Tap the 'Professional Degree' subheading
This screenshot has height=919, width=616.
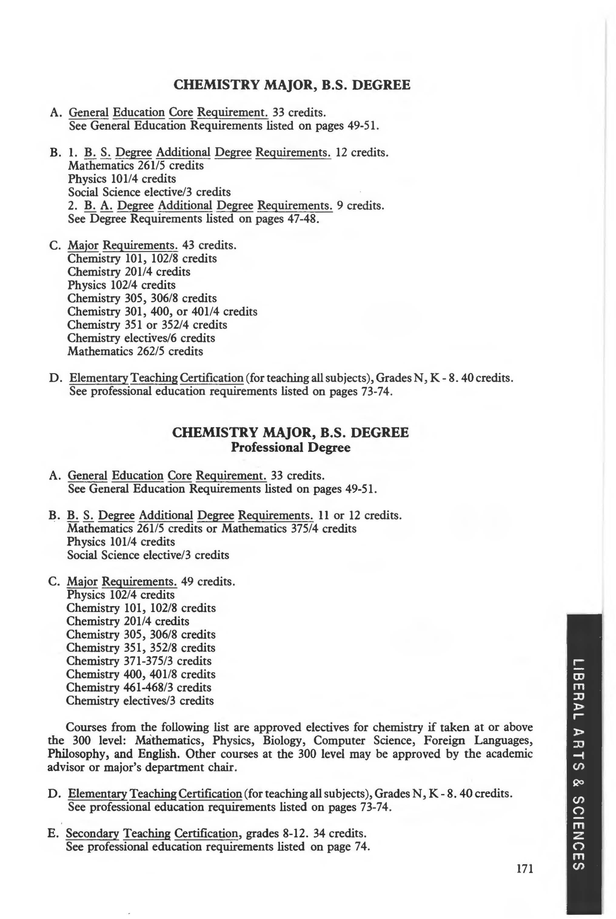[290, 447]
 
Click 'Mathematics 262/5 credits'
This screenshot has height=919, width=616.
[135, 351]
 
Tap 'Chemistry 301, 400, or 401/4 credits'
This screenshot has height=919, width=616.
[162, 312]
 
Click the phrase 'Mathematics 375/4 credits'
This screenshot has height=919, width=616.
[289, 528]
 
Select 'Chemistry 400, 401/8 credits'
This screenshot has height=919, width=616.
[141, 674]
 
